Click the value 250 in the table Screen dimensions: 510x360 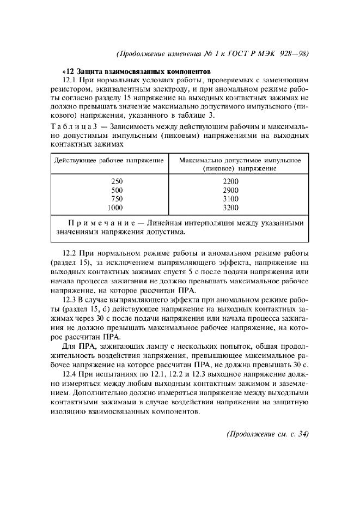117,181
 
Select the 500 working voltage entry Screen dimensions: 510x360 117,190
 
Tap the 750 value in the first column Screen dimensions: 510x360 117,199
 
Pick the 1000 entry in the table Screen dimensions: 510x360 115,208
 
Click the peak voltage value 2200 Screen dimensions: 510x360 231,181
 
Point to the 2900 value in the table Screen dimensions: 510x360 231,190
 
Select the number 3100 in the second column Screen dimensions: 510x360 231,199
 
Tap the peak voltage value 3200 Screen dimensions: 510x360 231,208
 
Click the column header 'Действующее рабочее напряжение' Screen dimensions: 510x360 109,161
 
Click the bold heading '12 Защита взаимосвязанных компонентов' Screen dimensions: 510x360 137,71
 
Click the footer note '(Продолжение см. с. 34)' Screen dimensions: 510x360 267,434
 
